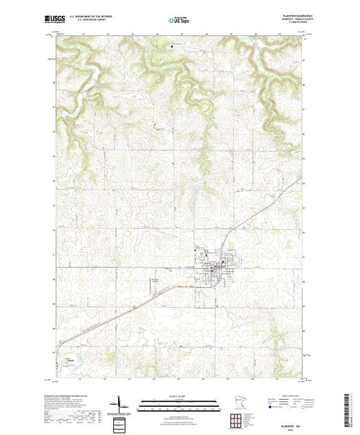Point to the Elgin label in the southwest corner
[71, 358]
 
